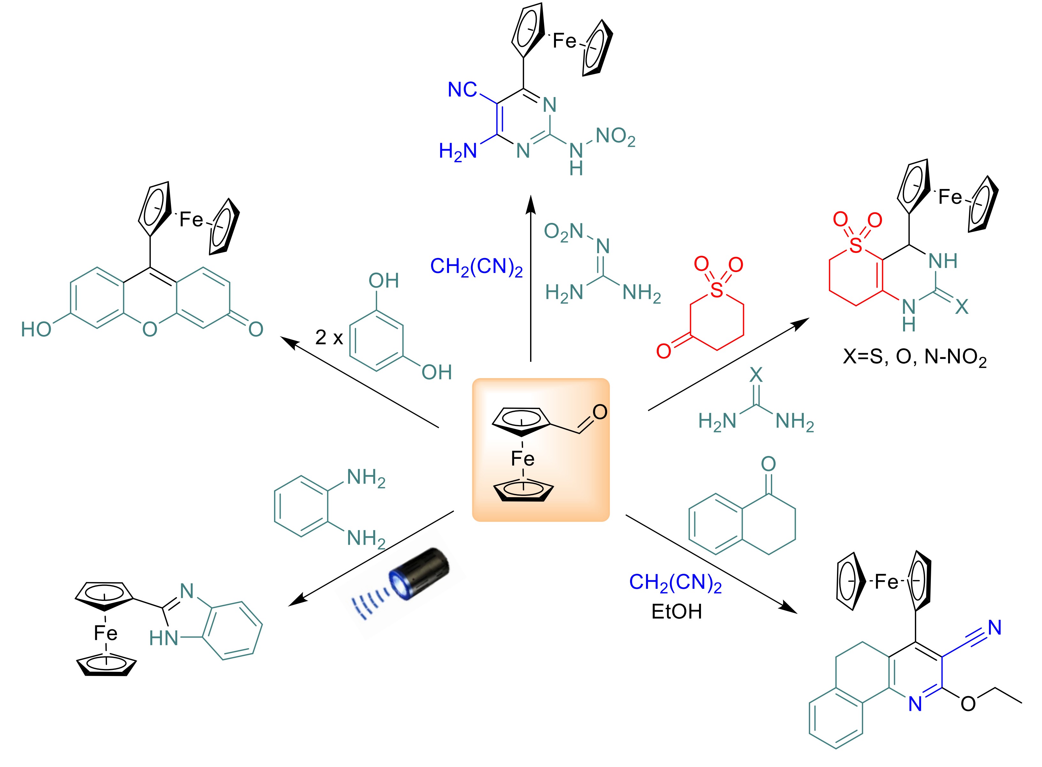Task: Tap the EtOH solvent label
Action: pos(676,612)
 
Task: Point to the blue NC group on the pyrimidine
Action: pos(462,90)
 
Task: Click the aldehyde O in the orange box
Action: pos(599,412)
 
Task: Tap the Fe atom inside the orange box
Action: pos(522,459)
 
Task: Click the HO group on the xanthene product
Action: pos(36,330)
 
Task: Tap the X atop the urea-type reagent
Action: pos(756,375)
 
